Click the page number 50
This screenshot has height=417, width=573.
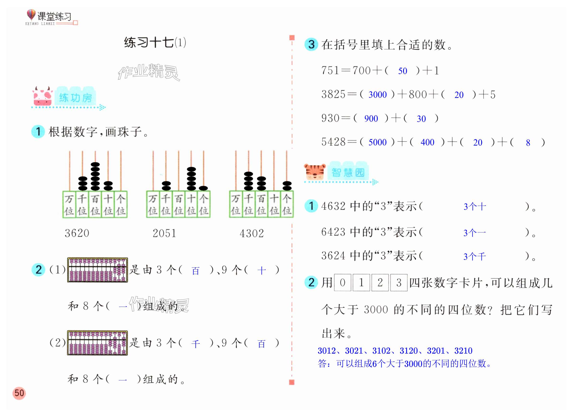19,393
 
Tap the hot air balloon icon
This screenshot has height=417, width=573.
31,15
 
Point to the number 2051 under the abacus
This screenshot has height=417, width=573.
164,233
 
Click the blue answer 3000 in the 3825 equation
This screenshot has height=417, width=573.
377,95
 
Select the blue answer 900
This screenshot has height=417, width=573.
371,119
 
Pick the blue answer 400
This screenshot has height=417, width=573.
427,142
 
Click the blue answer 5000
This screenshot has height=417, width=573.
377,142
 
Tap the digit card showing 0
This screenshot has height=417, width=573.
343,283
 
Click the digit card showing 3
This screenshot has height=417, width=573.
399,283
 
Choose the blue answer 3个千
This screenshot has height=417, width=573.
474,257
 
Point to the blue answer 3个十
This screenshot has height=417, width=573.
474,207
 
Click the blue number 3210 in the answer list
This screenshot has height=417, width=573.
463,351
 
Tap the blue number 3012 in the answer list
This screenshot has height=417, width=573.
327,351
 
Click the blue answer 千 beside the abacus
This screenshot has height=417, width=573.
195,344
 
